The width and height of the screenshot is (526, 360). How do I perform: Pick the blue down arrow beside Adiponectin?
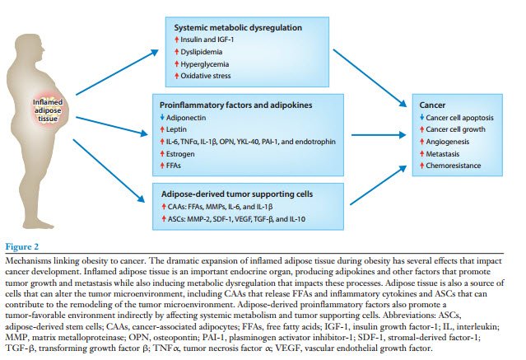(x=166, y=119)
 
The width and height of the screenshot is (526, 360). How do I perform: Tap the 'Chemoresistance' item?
(x=455, y=166)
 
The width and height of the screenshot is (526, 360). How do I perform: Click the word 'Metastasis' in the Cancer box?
(x=446, y=154)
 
